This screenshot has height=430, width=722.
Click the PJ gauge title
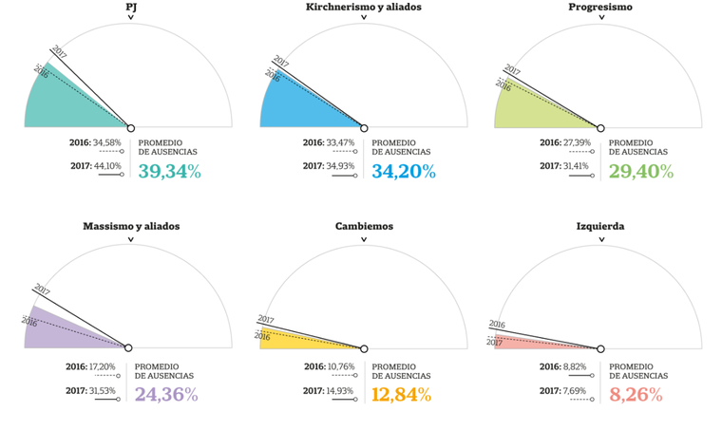coord(131,8)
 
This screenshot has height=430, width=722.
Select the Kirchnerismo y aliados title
coord(364,8)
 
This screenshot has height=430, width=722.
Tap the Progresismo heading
coord(600,8)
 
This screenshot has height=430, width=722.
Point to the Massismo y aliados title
coord(131,227)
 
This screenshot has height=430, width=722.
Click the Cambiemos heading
coord(364,227)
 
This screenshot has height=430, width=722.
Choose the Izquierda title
coord(600,227)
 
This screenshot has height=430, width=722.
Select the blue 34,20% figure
coord(403,172)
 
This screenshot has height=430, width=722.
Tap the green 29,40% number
coord(640,172)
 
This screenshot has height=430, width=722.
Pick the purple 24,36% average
coord(166,394)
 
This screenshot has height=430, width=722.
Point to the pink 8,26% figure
coord(636,394)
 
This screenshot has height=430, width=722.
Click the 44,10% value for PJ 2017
coord(106,166)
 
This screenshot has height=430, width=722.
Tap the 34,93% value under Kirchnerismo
coord(342,166)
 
